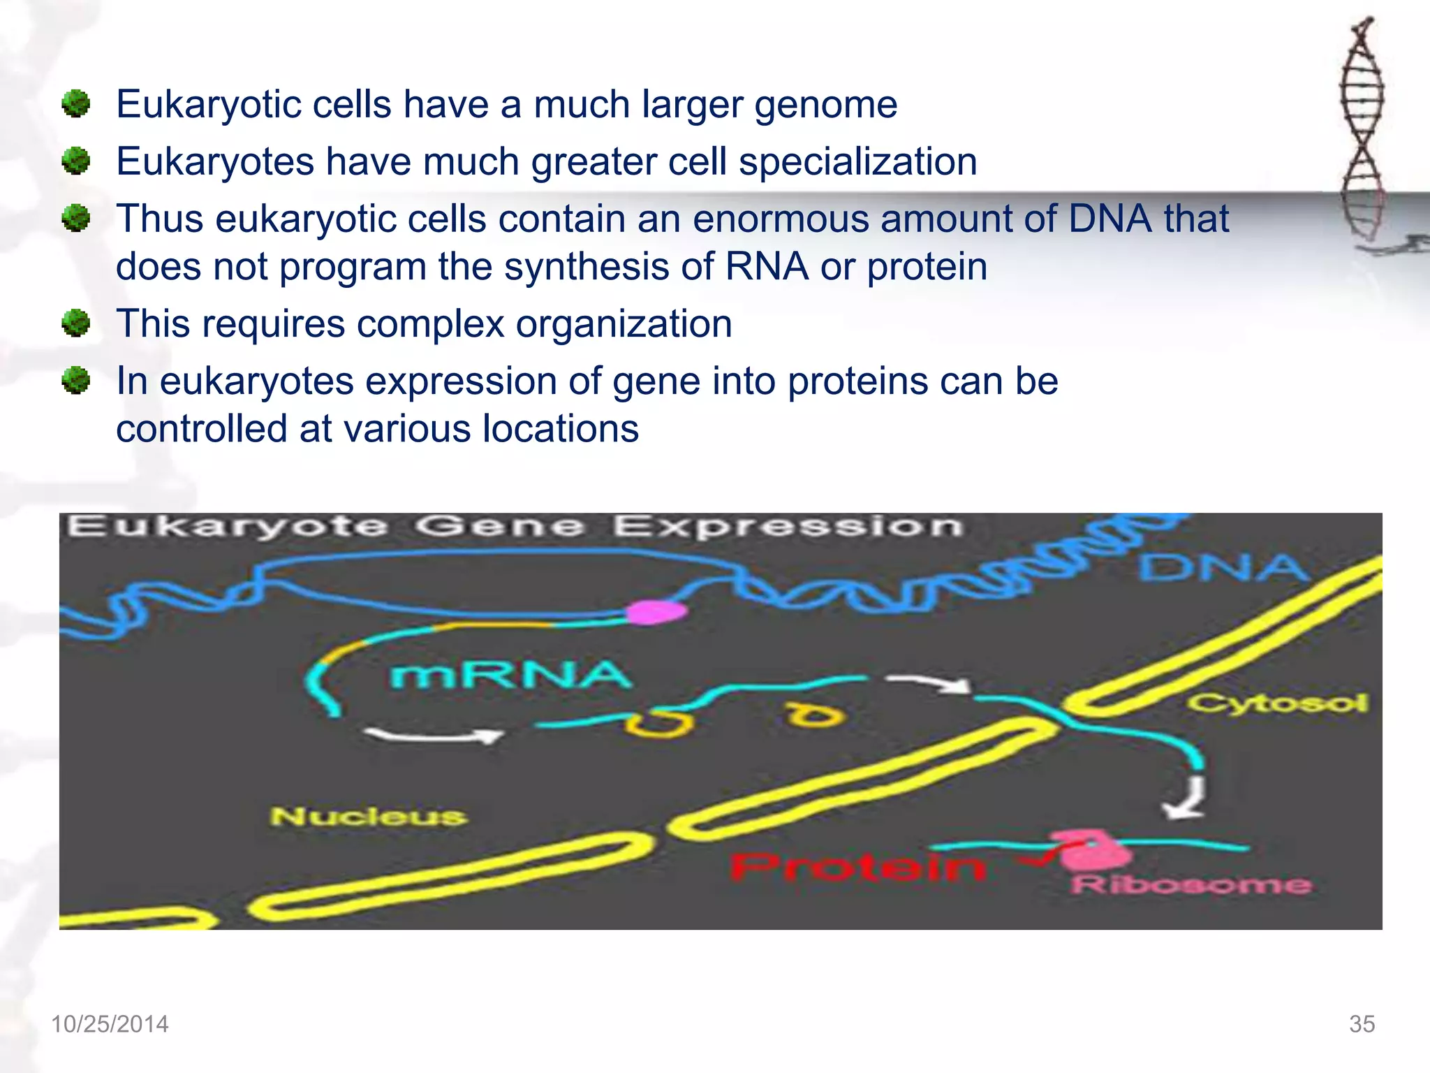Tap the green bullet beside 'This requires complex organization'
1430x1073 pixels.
point(76,324)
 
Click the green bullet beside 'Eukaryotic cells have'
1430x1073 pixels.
point(76,105)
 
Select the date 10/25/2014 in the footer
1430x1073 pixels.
point(110,1024)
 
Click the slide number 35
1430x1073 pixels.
point(1362,1024)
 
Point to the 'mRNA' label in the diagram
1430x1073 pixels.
point(510,676)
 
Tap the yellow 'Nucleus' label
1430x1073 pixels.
point(369,816)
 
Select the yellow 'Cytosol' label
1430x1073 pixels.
point(1277,703)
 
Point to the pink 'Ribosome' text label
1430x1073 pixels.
point(1191,885)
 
